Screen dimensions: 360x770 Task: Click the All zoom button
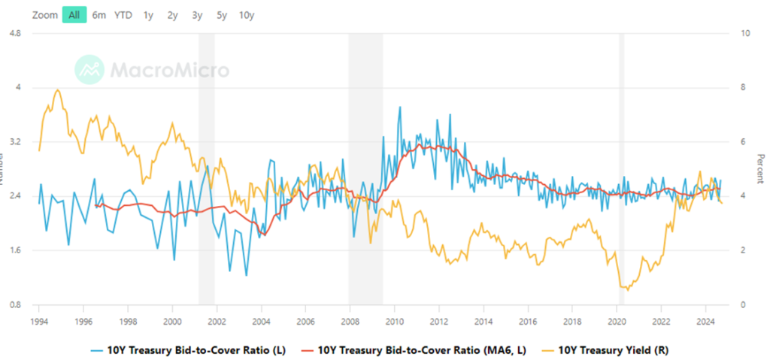[74, 15]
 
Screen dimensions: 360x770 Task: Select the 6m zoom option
[99, 15]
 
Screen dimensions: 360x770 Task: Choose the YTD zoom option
[123, 15]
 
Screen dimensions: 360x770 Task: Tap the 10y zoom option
[246, 15]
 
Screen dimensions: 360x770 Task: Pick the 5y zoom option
[221, 15]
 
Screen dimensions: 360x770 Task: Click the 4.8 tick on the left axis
[14, 33]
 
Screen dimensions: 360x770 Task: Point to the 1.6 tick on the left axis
[14, 250]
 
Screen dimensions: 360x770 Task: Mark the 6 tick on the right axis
[744, 142]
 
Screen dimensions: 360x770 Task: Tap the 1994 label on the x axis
[39, 319]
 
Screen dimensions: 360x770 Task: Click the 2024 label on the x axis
[705, 319]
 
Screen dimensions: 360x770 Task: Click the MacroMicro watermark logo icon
[89, 69]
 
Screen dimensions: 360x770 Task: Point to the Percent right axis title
[760, 168]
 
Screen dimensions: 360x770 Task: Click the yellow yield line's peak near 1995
[58, 89]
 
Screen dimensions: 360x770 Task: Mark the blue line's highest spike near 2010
[399, 107]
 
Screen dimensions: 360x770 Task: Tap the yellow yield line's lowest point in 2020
[624, 289]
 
